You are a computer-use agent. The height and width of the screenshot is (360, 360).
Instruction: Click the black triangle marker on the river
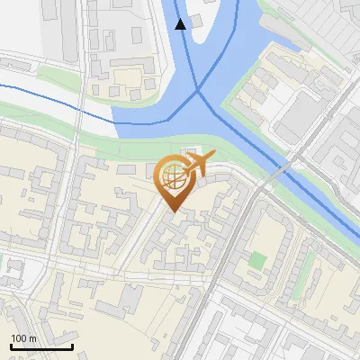[x=181, y=24]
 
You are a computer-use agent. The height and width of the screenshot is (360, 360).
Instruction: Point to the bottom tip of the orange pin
[x=171, y=212]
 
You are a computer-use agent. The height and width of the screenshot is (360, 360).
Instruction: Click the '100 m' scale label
[x=23, y=338]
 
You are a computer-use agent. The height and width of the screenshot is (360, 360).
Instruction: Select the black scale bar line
[x=41, y=346]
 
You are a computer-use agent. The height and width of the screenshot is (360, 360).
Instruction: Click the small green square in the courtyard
[x=258, y=261]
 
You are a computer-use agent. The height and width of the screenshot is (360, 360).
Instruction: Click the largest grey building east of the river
[x=297, y=117]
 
